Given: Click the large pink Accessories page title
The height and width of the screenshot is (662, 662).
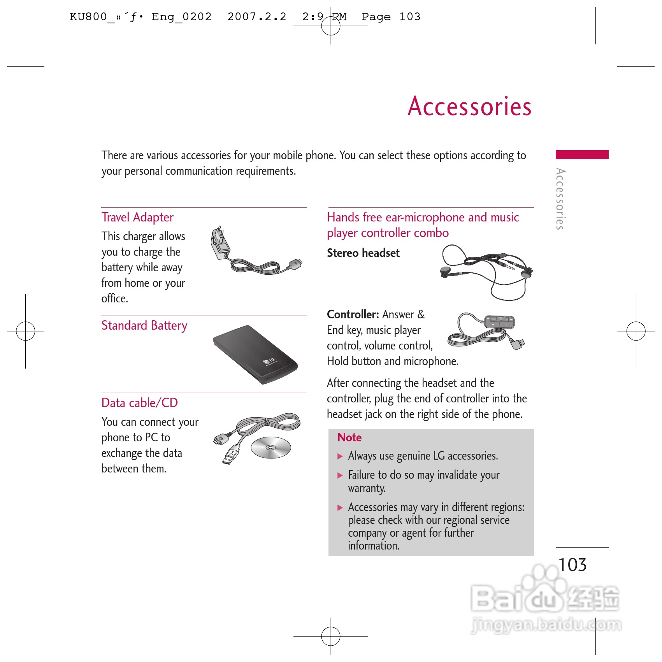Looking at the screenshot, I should click(x=469, y=106).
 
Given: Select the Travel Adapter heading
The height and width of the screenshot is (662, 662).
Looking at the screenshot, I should click(x=137, y=217).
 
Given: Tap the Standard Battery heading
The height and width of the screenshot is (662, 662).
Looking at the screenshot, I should click(x=144, y=325).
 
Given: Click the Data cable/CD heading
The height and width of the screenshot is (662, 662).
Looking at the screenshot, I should click(x=139, y=403).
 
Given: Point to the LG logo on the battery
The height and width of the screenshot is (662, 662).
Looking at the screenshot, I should click(x=269, y=361).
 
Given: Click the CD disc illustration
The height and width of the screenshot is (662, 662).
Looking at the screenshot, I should click(x=271, y=448).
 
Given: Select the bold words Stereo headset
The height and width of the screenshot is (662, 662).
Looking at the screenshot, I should click(x=363, y=253).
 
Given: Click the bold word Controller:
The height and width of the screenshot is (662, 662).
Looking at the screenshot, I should click(x=353, y=314).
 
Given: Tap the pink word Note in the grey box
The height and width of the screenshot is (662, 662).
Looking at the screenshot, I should click(x=349, y=437).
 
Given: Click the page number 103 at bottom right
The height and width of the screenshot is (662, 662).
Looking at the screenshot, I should click(x=572, y=565).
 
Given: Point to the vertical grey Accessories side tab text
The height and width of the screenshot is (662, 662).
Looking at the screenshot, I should click(x=560, y=199).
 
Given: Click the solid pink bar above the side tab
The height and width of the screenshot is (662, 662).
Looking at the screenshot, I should click(x=582, y=155).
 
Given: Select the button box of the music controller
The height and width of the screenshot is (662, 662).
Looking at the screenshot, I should click(x=499, y=322).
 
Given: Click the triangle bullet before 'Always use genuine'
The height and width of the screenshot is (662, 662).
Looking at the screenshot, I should click(x=340, y=457).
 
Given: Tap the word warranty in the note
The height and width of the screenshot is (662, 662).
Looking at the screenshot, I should click(x=367, y=488).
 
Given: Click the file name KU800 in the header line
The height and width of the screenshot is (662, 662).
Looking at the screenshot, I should click(x=88, y=17).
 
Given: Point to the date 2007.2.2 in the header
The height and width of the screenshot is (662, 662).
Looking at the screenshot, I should click(x=257, y=17).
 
